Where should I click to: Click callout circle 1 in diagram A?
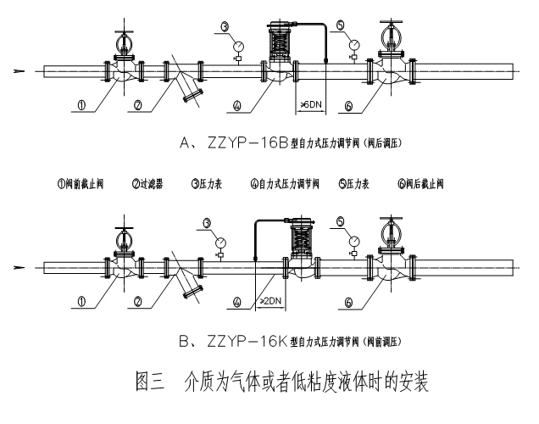(81, 106)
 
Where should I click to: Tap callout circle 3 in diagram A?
(225, 27)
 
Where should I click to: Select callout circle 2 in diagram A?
(139, 106)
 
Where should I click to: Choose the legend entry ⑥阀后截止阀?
(420, 183)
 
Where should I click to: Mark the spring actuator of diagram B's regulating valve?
(301, 237)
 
